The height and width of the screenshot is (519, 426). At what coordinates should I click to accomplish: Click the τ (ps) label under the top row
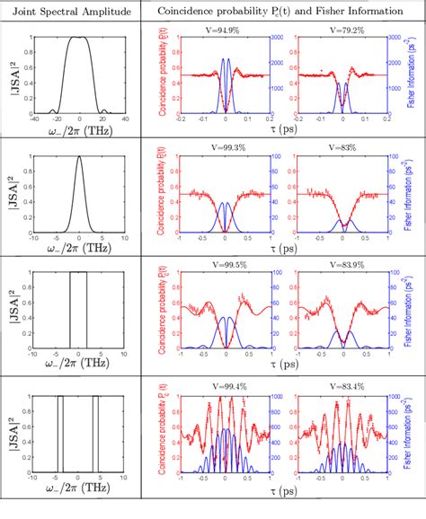[285, 130]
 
